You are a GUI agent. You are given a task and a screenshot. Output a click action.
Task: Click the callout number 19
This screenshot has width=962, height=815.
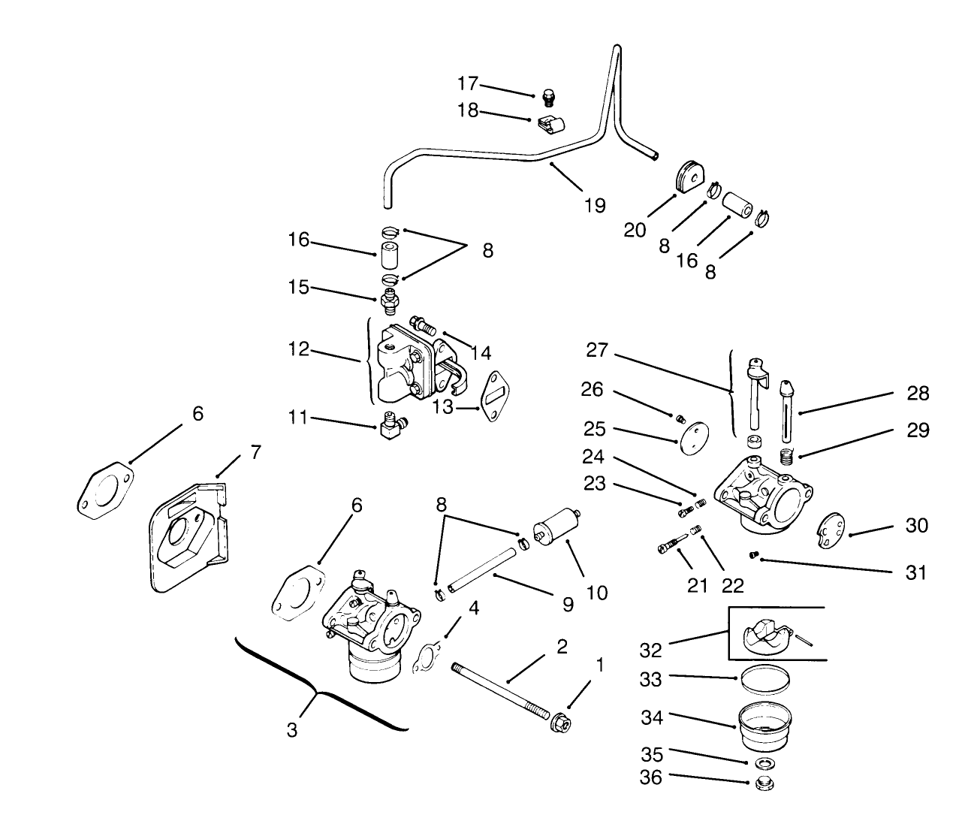click(x=595, y=205)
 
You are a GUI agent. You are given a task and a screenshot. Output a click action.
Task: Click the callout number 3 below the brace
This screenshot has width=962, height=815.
click(x=292, y=728)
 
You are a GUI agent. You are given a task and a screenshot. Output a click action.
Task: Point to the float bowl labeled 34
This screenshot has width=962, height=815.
click(x=766, y=726)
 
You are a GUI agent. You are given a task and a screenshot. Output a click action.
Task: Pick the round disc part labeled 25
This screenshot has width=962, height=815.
click(x=691, y=436)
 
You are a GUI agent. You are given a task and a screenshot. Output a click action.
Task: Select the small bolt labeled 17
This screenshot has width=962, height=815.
click(x=549, y=98)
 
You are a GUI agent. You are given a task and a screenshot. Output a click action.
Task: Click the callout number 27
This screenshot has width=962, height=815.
click(x=598, y=349)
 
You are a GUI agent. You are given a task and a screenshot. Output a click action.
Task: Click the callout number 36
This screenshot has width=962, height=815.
click(x=651, y=777)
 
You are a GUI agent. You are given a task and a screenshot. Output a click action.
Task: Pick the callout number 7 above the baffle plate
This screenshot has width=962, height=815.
click(x=255, y=453)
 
